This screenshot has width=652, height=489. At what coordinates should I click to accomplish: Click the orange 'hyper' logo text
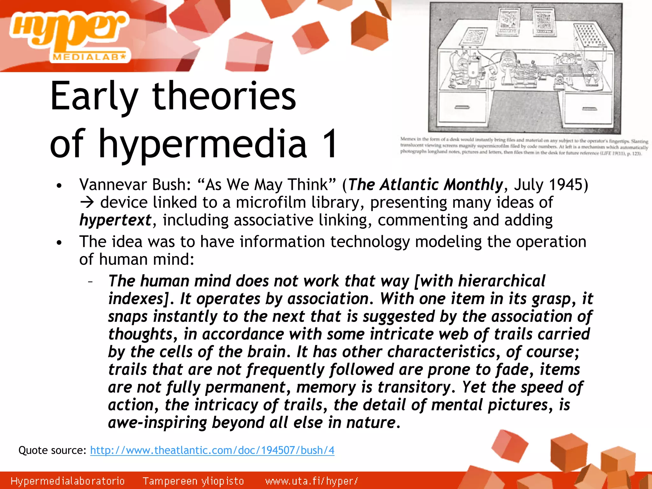[68, 30]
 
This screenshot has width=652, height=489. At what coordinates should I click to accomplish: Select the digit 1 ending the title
[328, 144]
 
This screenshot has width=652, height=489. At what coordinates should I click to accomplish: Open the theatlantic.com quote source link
[212, 450]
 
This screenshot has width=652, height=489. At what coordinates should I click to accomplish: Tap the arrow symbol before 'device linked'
[87, 203]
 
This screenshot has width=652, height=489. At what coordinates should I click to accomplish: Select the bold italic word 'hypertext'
[115, 220]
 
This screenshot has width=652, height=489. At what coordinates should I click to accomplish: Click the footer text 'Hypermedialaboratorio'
[67, 481]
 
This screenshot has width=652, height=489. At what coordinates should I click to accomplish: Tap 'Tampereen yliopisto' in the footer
[193, 481]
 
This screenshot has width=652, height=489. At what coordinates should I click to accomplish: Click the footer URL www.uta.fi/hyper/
[311, 481]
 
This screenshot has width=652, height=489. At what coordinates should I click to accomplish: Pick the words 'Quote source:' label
[52, 450]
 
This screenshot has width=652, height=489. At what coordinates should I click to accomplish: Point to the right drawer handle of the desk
[589, 109]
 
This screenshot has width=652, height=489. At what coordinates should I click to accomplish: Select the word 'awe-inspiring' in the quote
[157, 423]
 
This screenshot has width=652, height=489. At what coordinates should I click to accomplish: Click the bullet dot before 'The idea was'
[59, 243]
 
